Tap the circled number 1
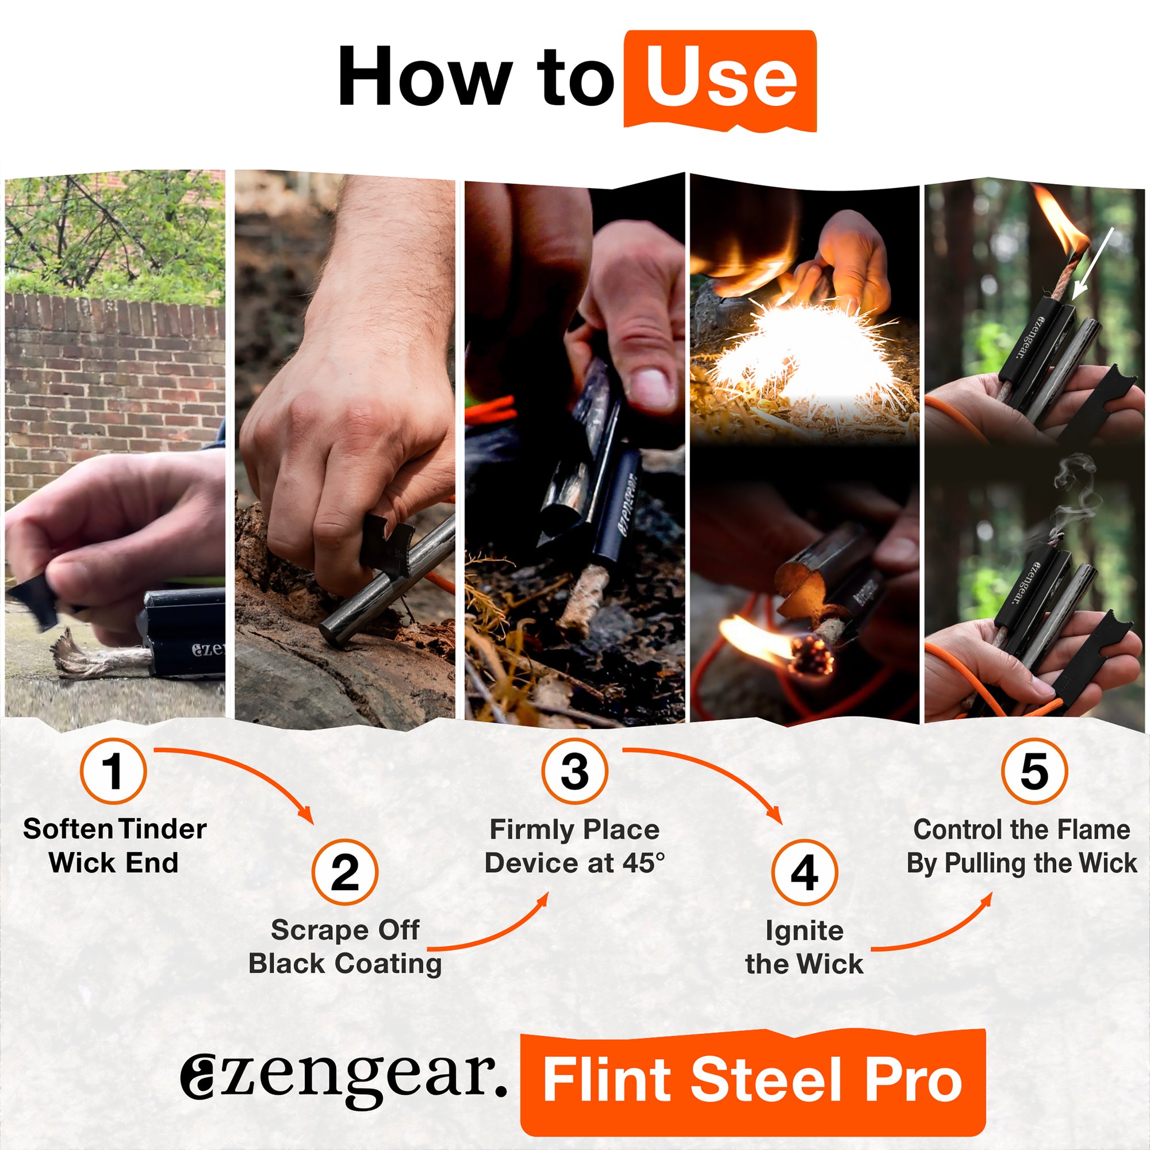point(113,771)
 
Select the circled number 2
point(344,873)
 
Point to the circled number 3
point(574,771)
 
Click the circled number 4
point(804,873)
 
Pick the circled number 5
point(1034,771)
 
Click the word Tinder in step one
point(162,829)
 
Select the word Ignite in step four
point(804,930)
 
